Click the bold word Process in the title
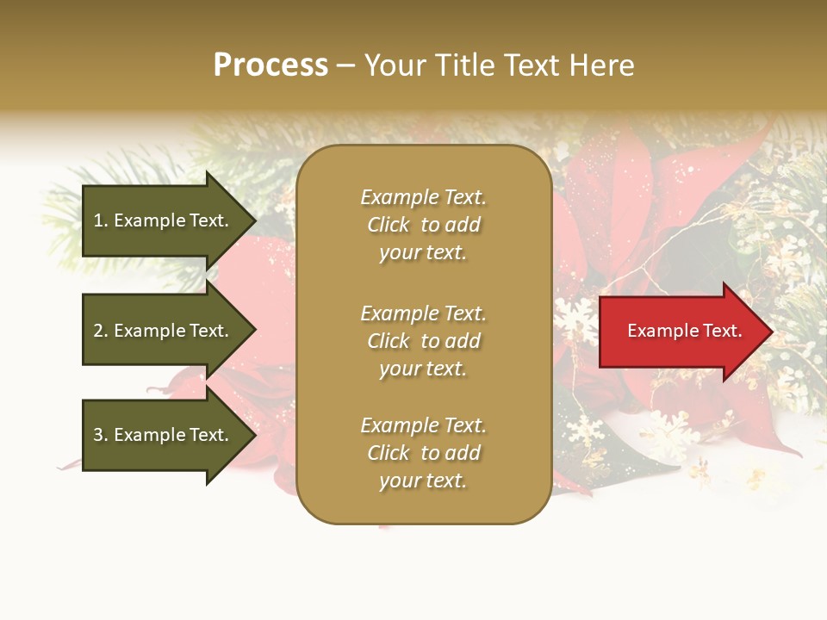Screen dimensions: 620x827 tap(270, 65)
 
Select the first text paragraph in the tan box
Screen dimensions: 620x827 tap(423, 225)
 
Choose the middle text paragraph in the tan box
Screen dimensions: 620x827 tap(423, 341)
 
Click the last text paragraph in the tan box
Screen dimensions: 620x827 tap(423, 453)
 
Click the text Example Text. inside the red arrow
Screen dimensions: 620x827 tap(684, 331)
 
